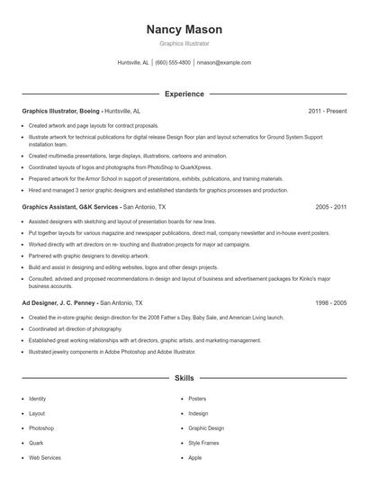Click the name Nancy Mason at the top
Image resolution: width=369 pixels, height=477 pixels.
pos(184,30)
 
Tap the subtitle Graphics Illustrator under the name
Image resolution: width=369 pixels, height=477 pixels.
pos(184,43)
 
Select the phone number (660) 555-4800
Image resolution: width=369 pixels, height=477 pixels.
pos(173,63)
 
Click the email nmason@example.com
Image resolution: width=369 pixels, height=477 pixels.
pos(224,63)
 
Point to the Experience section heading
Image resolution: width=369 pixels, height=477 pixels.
pos(184,94)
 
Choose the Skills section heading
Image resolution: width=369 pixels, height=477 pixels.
pos(184,379)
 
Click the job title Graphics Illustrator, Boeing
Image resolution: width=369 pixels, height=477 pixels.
pos(60,111)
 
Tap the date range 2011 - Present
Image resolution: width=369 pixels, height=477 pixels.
pos(327,111)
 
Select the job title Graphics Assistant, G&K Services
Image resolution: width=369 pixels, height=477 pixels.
pos(70,206)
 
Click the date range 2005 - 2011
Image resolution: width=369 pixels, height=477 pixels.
pos(330,206)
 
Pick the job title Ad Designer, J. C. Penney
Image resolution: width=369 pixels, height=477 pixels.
pos(59,303)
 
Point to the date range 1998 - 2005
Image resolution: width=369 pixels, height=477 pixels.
pos(330,303)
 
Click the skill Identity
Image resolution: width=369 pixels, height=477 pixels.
pos(38,399)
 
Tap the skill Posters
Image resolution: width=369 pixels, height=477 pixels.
pos(197,399)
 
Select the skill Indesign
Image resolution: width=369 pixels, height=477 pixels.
pos(198,413)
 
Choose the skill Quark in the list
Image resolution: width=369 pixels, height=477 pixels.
pos(36,443)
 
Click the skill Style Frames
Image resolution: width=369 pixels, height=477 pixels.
pos(203,443)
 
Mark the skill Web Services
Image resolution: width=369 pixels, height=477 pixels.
pos(45,457)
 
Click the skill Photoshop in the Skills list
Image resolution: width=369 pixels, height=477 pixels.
pos(41,428)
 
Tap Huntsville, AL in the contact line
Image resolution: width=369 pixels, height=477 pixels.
pos(133,63)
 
